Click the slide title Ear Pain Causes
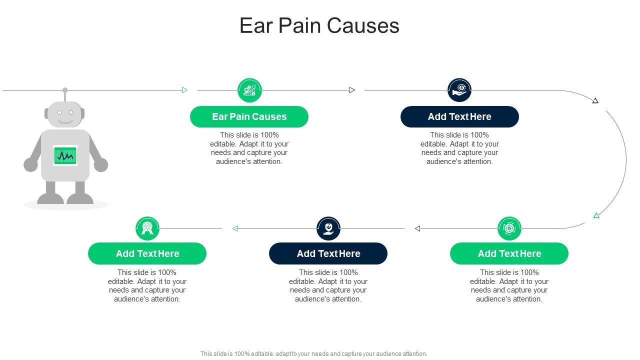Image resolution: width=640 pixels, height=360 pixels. click(x=319, y=26)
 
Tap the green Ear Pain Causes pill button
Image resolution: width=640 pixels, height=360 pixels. click(x=249, y=116)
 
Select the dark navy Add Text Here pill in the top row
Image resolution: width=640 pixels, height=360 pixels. click(x=459, y=116)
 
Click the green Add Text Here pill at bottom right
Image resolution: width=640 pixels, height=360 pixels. click(x=509, y=253)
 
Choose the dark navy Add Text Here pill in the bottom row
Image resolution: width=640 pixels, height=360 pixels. click(x=328, y=253)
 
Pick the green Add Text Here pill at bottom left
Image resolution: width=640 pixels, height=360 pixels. click(x=147, y=253)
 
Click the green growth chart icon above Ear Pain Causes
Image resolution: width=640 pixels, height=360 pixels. click(x=249, y=90)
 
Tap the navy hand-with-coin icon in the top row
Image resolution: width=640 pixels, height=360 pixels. click(x=459, y=90)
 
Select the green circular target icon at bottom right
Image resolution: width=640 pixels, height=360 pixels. click(x=509, y=228)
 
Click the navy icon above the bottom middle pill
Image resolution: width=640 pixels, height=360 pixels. click(x=328, y=228)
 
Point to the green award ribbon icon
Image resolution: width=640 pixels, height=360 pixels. click(x=147, y=228)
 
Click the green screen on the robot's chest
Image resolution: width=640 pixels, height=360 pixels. click(x=65, y=156)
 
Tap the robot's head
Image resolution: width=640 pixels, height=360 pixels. click(x=65, y=114)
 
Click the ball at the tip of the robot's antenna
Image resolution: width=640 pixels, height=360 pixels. click(x=65, y=90)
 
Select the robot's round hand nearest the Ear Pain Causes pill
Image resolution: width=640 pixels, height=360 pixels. click(x=100, y=164)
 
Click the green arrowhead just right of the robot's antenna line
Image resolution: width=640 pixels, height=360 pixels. click(x=184, y=90)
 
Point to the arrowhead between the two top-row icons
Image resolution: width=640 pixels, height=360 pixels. click(x=352, y=90)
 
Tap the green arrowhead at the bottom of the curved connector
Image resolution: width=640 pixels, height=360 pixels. click(x=596, y=215)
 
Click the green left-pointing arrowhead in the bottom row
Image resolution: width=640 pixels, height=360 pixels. click(x=235, y=228)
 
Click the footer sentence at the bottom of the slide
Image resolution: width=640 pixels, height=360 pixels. click(x=313, y=353)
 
